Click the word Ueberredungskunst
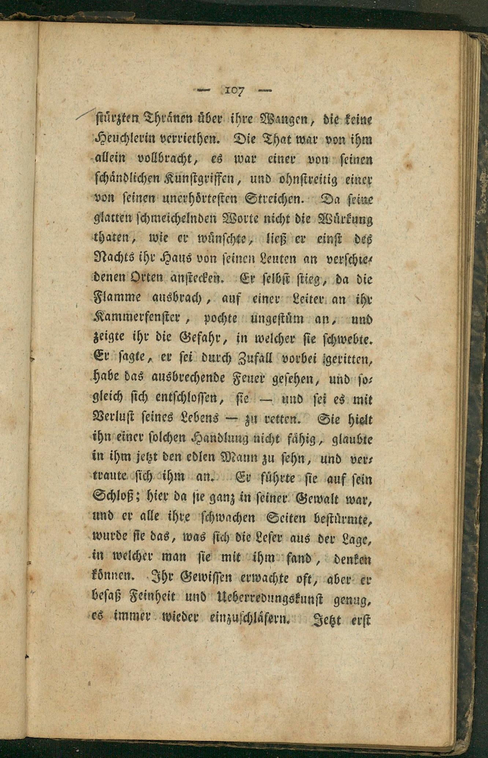tap(270, 599)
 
